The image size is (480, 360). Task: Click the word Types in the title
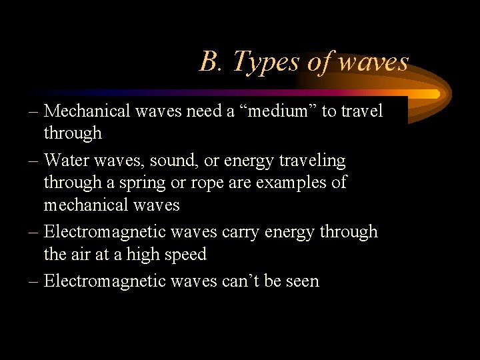click(x=265, y=62)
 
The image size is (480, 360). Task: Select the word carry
click(x=239, y=232)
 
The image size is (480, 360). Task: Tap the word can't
click(x=241, y=281)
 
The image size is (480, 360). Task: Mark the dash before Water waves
click(x=33, y=161)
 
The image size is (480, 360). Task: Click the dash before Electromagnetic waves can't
click(x=33, y=281)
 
